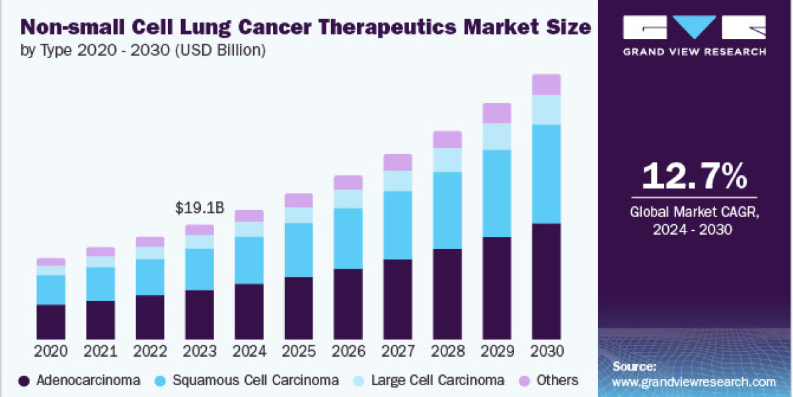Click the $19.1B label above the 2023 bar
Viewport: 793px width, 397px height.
200,208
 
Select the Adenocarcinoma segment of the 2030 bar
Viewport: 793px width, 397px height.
547,281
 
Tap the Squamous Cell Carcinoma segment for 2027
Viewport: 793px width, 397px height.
398,225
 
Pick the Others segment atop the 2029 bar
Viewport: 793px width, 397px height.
497,113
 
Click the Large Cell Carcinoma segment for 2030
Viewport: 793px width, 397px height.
547,110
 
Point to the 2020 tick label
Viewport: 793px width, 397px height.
51,351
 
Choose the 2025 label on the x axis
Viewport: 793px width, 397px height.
299,351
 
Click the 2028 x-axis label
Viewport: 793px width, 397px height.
447,351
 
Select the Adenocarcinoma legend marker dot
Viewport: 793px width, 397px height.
24,380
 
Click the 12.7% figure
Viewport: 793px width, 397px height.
695,177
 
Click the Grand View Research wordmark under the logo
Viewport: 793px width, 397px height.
695,52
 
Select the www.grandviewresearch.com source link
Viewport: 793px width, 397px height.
694,382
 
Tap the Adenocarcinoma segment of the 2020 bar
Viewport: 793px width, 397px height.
51,322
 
